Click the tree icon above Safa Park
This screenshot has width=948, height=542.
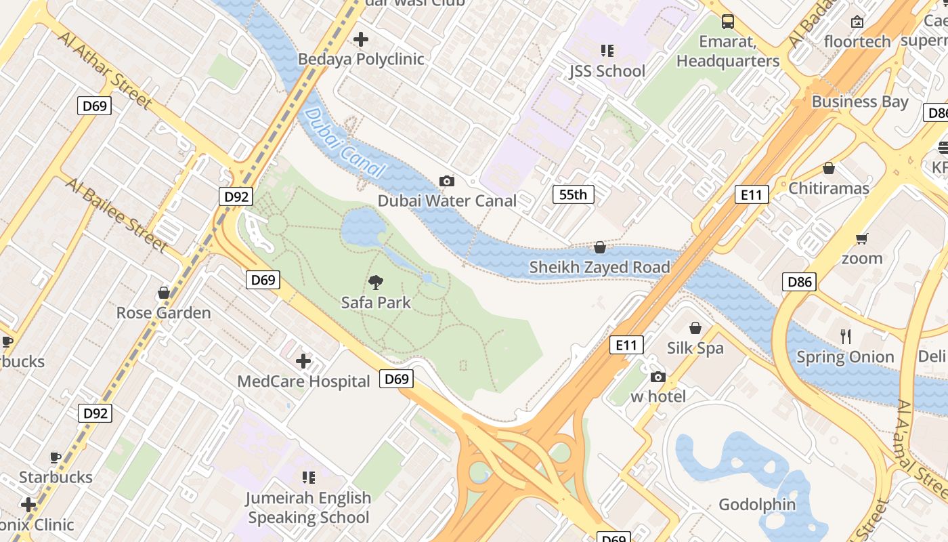pos(376,282)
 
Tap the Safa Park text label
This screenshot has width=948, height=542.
pos(376,302)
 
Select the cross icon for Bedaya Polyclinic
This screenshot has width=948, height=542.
pos(362,39)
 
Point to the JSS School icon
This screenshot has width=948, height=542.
pos(607,51)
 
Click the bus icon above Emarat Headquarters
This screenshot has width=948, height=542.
pos(728,22)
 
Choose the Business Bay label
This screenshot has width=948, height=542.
pos(860,102)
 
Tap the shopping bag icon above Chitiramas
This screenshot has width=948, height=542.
pos(829,168)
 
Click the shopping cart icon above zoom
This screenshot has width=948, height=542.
pos(862,238)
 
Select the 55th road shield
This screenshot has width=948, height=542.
pos(573,194)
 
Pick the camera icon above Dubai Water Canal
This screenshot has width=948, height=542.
pos(447,181)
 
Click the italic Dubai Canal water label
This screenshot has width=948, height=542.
pos(345,143)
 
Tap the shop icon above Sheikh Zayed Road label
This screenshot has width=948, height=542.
pos(600,247)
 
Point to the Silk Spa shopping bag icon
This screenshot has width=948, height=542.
pos(695,329)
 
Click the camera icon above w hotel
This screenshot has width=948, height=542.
pos(658,377)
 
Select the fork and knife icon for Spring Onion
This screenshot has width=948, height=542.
pos(845,337)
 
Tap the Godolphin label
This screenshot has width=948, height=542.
pos(757,505)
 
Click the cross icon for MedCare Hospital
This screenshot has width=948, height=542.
pos(303,361)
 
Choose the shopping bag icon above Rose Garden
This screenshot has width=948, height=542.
pos(164,293)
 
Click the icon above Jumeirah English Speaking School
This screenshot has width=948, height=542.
pos(309,478)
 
